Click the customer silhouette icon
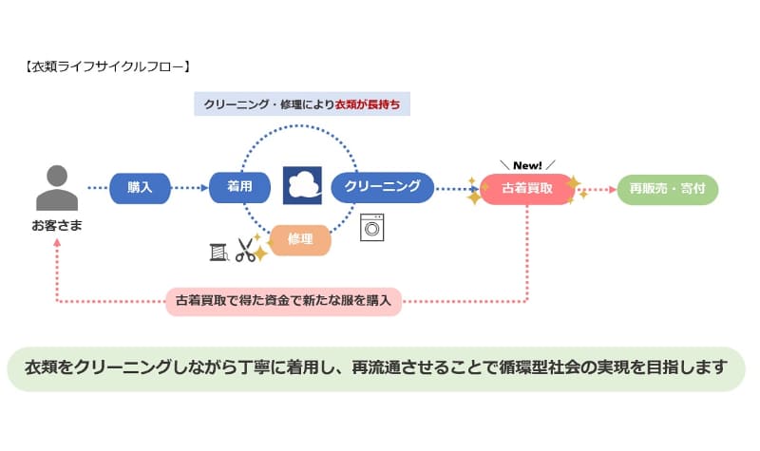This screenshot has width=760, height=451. coord(57,188)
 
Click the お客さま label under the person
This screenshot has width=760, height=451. coord(57,226)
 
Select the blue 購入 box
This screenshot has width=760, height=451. coord(140,188)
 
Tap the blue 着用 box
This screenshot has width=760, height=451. coord(239,187)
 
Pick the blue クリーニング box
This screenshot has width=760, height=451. coord(382,187)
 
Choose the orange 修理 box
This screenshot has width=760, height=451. coord(300,239)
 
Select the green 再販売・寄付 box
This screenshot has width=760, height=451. coord(668,189)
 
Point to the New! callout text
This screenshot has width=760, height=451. coord(528,164)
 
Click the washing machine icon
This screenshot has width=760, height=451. coord(372,228)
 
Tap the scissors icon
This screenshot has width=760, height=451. coord(247,251)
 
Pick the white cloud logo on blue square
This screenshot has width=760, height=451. coord(302,185)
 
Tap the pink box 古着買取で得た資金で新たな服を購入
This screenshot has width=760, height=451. coord(285,302)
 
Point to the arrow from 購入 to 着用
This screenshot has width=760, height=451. coord(189,188)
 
